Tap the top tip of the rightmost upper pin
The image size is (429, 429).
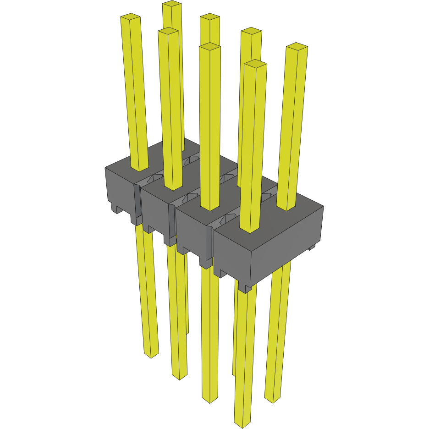tap(297, 47)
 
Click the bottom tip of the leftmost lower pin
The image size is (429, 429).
tap(151, 355)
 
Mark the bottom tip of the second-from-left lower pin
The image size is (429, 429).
tap(179, 377)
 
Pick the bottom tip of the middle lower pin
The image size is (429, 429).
tap(209, 400)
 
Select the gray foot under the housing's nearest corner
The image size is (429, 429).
tap(245, 288)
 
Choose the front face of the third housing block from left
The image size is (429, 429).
tap(191, 234)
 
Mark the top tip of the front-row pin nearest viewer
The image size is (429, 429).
tap(255, 63)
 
